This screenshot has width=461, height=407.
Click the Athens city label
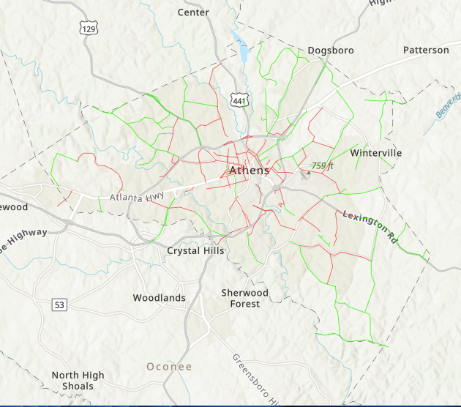(x=249, y=171)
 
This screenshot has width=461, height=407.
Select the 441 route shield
(x=239, y=99)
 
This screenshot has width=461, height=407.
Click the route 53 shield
(x=59, y=304)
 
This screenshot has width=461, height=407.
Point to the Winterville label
(x=376, y=153)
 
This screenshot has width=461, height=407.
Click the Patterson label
(x=426, y=51)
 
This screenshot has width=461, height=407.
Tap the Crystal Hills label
(x=195, y=250)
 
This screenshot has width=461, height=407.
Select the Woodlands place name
(x=159, y=298)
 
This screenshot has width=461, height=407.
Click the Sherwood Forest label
(x=244, y=298)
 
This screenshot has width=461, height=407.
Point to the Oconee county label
(x=169, y=366)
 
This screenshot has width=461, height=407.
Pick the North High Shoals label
(x=78, y=381)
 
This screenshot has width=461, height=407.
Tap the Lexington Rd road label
(x=370, y=226)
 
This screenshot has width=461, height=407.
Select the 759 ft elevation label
(x=322, y=166)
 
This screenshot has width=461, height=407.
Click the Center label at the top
(x=193, y=12)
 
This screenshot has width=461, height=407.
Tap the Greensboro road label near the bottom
(x=257, y=381)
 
